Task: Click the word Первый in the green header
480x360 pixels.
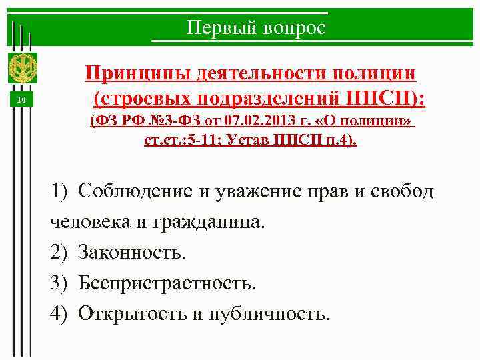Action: click(212, 28)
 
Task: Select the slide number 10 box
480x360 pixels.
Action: click(21, 100)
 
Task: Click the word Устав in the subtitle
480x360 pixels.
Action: click(255, 141)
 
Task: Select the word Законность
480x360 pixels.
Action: click(131, 252)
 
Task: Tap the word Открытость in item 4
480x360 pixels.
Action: click(132, 313)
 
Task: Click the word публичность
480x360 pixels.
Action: click(269, 313)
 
